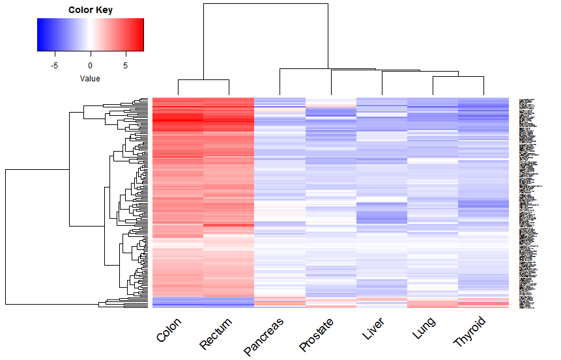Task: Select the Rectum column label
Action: (216, 333)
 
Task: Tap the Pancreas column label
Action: (265, 337)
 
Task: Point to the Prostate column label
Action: (317, 333)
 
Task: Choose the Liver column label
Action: (372, 329)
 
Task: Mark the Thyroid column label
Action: (470, 331)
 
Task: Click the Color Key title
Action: (90, 10)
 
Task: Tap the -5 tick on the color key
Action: (55, 65)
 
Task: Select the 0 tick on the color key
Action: (91, 65)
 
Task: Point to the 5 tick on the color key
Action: (126, 65)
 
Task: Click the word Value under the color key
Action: (90, 78)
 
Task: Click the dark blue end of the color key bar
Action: (40, 34)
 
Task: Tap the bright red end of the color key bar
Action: (140, 34)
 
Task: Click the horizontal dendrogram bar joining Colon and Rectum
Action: (203, 80)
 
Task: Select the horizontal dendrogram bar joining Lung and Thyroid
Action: (458, 76)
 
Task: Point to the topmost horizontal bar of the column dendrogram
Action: (265, 4)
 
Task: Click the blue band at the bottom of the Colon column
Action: (178, 302)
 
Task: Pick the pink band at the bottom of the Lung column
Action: (433, 304)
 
